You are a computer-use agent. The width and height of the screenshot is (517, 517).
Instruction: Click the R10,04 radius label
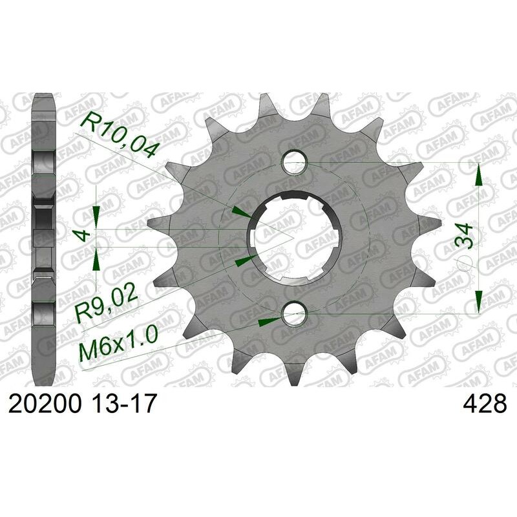118,134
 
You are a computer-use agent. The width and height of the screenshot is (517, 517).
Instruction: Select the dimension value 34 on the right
463,237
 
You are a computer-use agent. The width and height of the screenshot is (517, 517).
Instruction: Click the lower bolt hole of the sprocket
294,315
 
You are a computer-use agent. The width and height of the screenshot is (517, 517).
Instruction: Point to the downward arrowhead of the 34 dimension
478,301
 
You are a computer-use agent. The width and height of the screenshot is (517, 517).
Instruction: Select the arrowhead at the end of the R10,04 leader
242,212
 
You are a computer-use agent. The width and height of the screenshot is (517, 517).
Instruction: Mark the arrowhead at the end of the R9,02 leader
244,260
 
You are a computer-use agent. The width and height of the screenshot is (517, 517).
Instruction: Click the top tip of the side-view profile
44,96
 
